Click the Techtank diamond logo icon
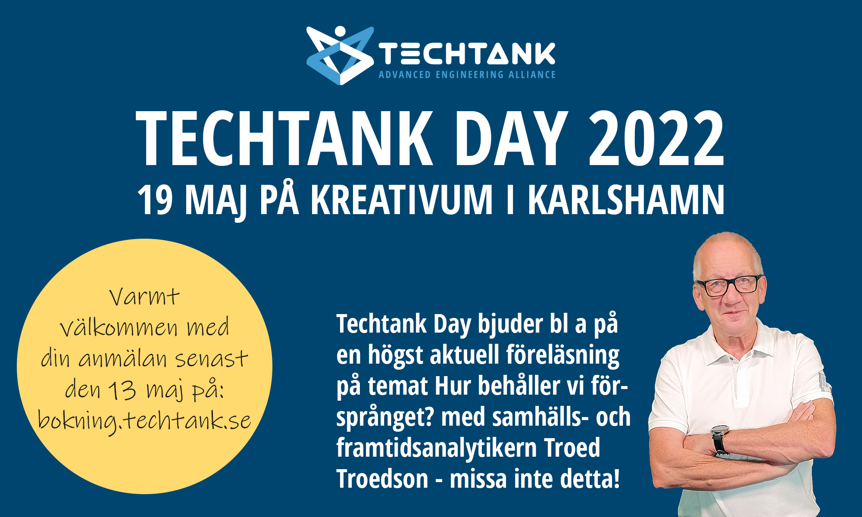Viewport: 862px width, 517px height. [340, 56]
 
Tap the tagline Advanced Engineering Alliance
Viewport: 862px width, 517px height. [467, 75]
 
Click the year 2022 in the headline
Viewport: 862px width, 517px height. [656, 138]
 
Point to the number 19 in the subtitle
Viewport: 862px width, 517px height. [155, 200]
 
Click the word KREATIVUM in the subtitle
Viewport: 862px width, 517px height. [402, 199]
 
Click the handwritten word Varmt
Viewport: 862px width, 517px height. [144, 297]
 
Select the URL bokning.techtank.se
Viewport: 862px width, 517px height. [144, 420]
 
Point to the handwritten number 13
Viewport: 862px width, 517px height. [122, 390]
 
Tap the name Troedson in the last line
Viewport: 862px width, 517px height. [382, 479]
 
